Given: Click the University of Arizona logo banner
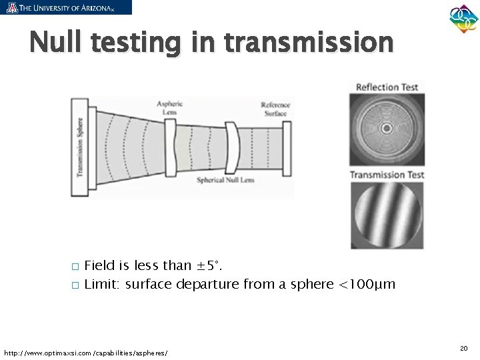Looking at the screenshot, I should click(x=66, y=7).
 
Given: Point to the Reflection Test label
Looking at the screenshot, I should click(x=387, y=87).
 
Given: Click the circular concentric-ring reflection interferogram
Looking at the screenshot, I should click(x=386, y=129).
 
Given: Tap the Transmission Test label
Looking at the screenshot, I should click(x=387, y=175).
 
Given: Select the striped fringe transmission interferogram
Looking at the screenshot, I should click(x=386, y=215).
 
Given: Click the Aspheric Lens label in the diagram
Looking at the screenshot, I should click(x=169, y=108).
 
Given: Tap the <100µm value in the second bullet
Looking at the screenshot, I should click(x=367, y=285).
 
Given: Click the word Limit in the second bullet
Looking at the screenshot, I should click(x=101, y=285).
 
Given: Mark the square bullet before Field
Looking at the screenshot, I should click(x=75, y=267).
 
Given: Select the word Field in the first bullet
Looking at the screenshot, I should click(x=99, y=266).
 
